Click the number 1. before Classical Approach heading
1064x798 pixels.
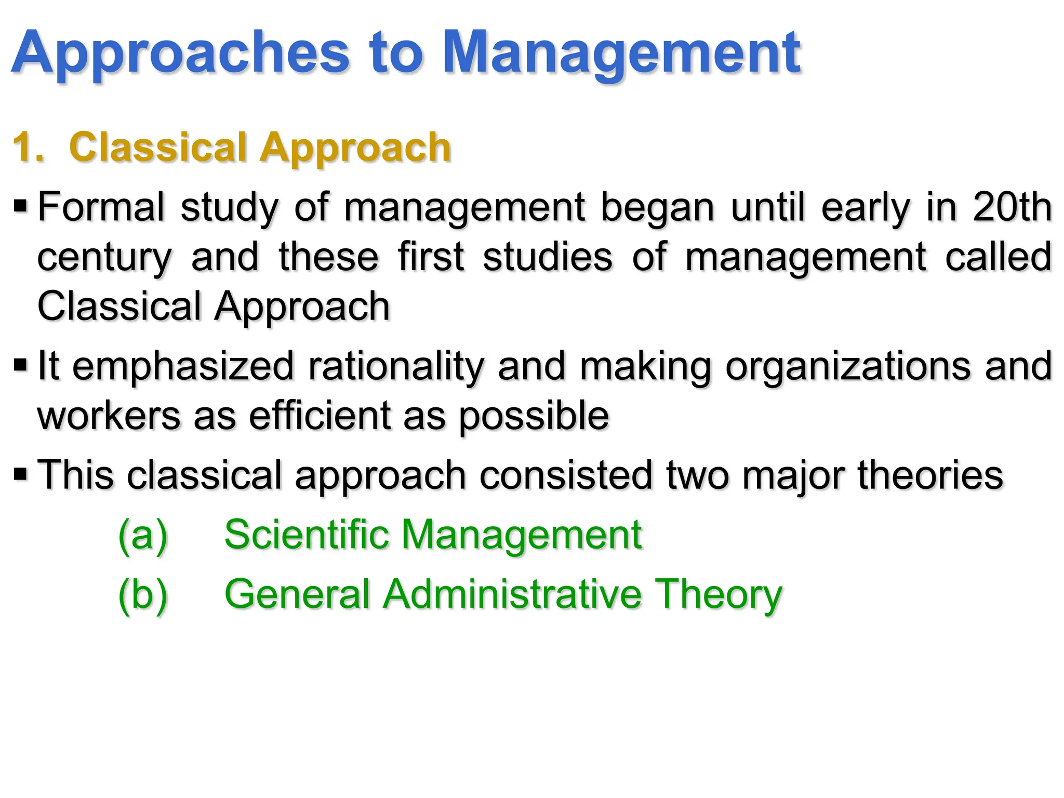click(29, 148)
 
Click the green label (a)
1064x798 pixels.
click(143, 535)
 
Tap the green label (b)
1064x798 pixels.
click(143, 594)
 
